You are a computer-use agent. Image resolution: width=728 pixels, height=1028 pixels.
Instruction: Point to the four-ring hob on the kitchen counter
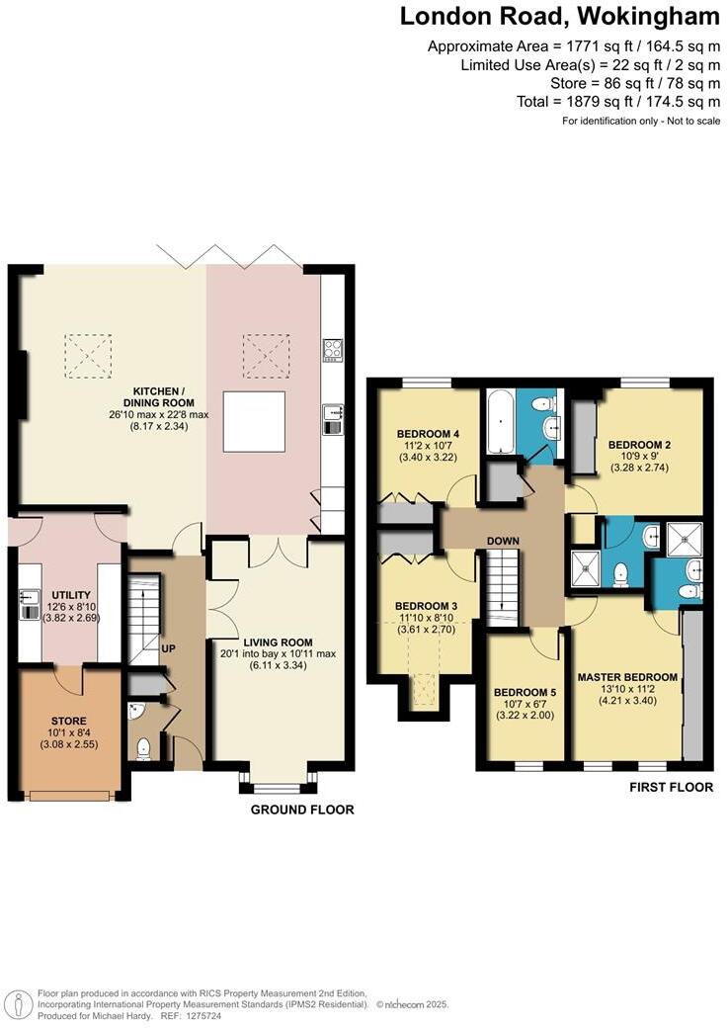pos(333,348)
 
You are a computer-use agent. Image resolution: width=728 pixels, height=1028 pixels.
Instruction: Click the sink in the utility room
pos(27,603)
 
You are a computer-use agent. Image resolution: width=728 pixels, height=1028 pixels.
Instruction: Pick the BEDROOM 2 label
pos(639,445)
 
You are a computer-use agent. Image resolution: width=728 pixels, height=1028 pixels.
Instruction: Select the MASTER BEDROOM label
pos(627,677)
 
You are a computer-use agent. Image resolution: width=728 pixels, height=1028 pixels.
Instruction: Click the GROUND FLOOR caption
pos(301,810)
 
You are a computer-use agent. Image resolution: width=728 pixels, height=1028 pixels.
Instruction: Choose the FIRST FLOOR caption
pos(671,788)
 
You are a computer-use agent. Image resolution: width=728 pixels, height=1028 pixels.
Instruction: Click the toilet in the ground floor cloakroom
pos(143,747)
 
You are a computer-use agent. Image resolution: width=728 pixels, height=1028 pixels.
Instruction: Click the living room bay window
pos(278,788)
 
